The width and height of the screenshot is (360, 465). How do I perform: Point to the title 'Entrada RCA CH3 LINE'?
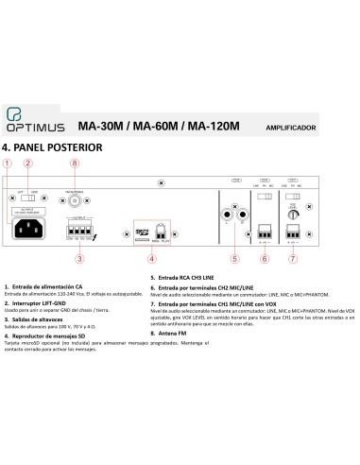194,279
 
